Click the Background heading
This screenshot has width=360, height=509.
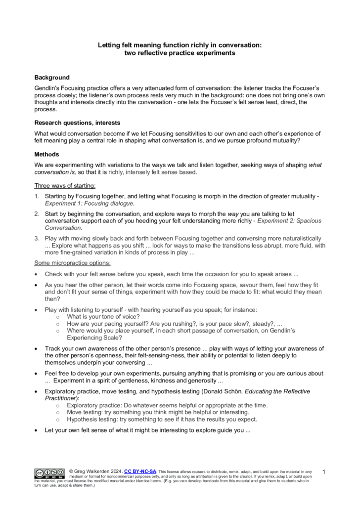click(x=51, y=78)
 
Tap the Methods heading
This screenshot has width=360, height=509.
click(x=46, y=154)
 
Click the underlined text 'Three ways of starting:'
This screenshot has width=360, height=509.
click(x=65, y=186)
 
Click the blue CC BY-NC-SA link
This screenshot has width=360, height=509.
click(x=140, y=471)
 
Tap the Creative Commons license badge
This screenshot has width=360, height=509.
click(x=49, y=473)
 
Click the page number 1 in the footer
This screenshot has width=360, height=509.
click(x=324, y=472)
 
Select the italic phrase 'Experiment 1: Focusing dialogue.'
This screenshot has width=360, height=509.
click(x=90, y=203)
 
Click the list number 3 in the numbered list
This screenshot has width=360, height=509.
click(x=37, y=239)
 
